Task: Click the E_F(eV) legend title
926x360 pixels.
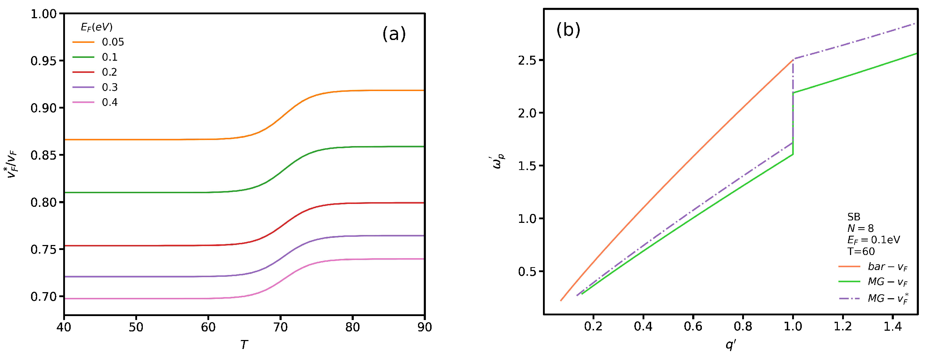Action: (96, 27)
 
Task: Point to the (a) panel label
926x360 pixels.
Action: (394, 34)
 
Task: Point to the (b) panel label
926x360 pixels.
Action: (568, 30)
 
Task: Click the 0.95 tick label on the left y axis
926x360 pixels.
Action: (44, 61)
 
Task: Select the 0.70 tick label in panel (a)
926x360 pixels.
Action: (44, 297)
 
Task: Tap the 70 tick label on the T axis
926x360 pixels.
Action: (280, 327)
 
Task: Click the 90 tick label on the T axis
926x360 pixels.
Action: (424, 327)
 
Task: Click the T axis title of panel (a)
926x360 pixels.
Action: (244, 345)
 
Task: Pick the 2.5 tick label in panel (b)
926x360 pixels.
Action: (527, 60)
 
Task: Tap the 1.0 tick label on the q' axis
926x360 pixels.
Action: (792, 326)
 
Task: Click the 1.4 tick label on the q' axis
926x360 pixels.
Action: (892, 326)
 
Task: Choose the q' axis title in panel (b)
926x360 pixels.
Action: (731, 345)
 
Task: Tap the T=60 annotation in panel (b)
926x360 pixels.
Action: (861, 251)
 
